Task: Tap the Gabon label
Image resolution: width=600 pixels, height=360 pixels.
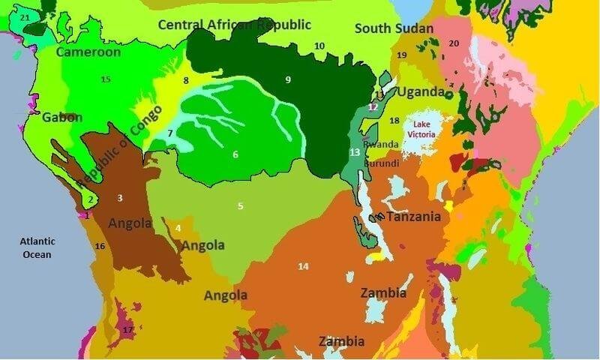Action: click(x=62, y=118)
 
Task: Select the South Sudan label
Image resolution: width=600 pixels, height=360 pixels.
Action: click(x=394, y=29)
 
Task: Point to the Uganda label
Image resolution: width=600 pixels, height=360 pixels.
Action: click(x=420, y=92)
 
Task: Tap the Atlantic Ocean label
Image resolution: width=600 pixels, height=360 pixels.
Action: click(x=36, y=248)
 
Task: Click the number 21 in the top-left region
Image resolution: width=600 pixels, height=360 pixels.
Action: click(x=25, y=16)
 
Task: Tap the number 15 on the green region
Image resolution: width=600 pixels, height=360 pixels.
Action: click(x=106, y=79)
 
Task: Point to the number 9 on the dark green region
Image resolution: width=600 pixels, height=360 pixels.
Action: click(x=287, y=79)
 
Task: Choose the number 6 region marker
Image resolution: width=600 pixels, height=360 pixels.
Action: click(x=235, y=154)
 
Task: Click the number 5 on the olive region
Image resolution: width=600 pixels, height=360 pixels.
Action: click(x=241, y=205)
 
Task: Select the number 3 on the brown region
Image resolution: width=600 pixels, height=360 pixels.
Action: click(x=119, y=198)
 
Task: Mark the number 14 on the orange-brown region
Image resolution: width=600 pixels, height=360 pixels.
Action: click(x=303, y=266)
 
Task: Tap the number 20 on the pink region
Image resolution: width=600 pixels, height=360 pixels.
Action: click(x=454, y=43)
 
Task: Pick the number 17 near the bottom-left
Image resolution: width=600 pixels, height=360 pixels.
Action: click(x=127, y=329)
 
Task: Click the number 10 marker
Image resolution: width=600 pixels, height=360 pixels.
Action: click(x=319, y=46)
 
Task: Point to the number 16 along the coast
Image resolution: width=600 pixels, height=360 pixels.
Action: click(x=100, y=246)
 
